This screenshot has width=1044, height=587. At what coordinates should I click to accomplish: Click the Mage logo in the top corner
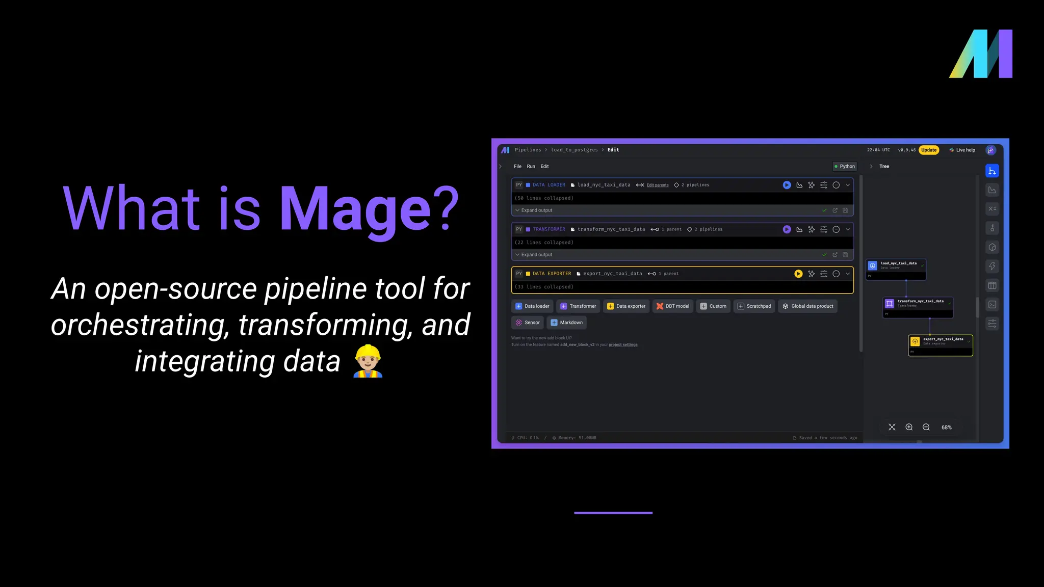(980, 54)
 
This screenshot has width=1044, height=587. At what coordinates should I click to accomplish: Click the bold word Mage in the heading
(356, 208)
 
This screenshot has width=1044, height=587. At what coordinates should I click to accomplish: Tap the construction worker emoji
(368, 361)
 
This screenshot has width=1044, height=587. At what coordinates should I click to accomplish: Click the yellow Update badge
(929, 150)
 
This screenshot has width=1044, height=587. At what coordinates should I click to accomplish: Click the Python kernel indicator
(845, 166)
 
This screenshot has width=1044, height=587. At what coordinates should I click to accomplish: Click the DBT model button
(673, 306)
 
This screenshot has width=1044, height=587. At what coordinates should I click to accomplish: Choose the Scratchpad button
(754, 306)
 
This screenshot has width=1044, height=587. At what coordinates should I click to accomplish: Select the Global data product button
(808, 306)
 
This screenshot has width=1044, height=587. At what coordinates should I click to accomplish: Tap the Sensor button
(528, 323)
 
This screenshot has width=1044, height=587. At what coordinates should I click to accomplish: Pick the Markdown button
(567, 323)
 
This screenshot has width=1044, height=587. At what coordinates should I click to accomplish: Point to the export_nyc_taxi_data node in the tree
(941, 344)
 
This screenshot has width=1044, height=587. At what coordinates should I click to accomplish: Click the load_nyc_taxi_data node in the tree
(896, 269)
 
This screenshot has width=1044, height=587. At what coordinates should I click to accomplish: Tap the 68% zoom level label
(946, 428)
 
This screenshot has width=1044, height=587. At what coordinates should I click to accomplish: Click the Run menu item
(531, 166)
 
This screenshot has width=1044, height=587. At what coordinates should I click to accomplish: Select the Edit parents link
(658, 185)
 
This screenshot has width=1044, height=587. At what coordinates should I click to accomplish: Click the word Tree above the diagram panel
(884, 166)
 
